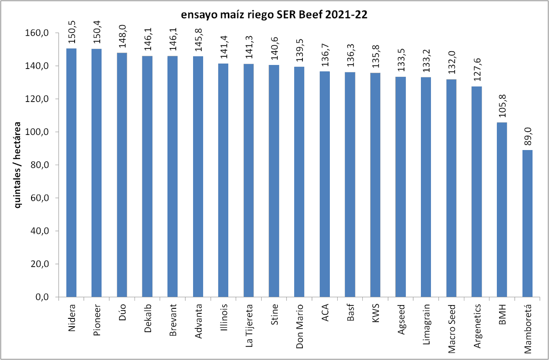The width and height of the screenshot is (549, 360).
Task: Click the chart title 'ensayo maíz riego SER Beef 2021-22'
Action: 274,15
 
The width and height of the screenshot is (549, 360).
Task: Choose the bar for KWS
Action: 375,185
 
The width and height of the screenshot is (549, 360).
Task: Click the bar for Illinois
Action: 223,180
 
